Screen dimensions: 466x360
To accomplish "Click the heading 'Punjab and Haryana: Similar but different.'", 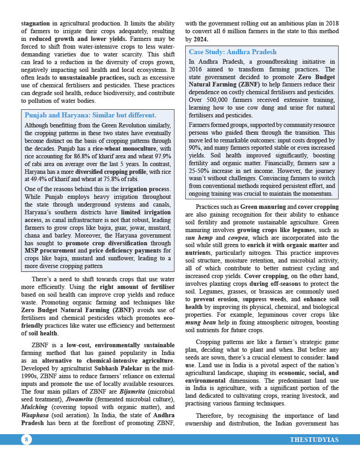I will tap(90, 115).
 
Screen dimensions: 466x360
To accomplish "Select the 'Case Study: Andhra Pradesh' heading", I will tap(233, 52).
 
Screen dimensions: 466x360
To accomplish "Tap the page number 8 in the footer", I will tap(26, 439).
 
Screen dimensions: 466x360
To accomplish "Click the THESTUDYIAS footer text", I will tap(314, 440).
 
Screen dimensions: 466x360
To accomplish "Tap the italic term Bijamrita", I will tap(132, 391).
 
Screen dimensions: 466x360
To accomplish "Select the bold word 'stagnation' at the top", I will tap(36, 23).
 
